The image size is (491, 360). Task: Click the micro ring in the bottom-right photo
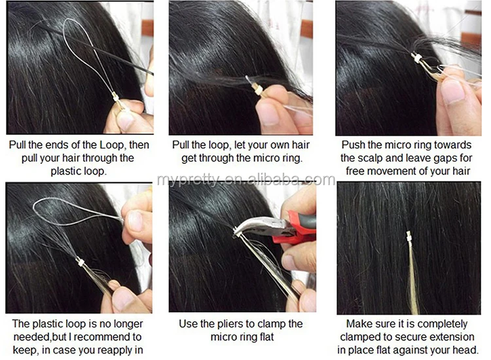[x=409, y=237]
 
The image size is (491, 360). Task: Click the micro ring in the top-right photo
[x=417, y=58]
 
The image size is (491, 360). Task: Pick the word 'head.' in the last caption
[x=465, y=350]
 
